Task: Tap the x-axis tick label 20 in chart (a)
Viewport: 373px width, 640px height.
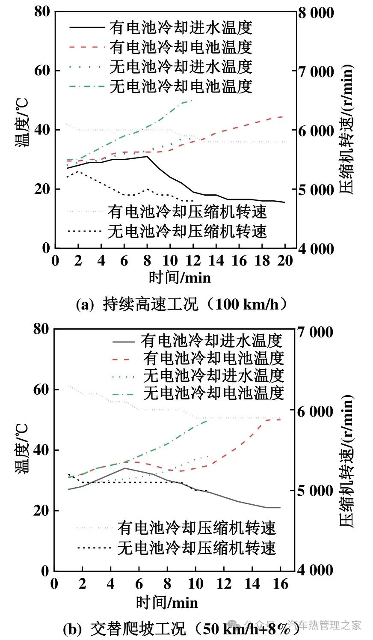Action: click(285, 260)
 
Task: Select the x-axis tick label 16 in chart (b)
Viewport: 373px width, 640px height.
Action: click(280, 583)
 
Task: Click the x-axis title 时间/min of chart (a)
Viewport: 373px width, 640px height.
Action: click(180, 277)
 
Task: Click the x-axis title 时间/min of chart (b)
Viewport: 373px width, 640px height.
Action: click(167, 602)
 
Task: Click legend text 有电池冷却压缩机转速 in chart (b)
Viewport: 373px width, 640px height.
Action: click(197, 528)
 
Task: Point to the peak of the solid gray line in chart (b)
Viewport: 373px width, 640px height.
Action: click(124, 468)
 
